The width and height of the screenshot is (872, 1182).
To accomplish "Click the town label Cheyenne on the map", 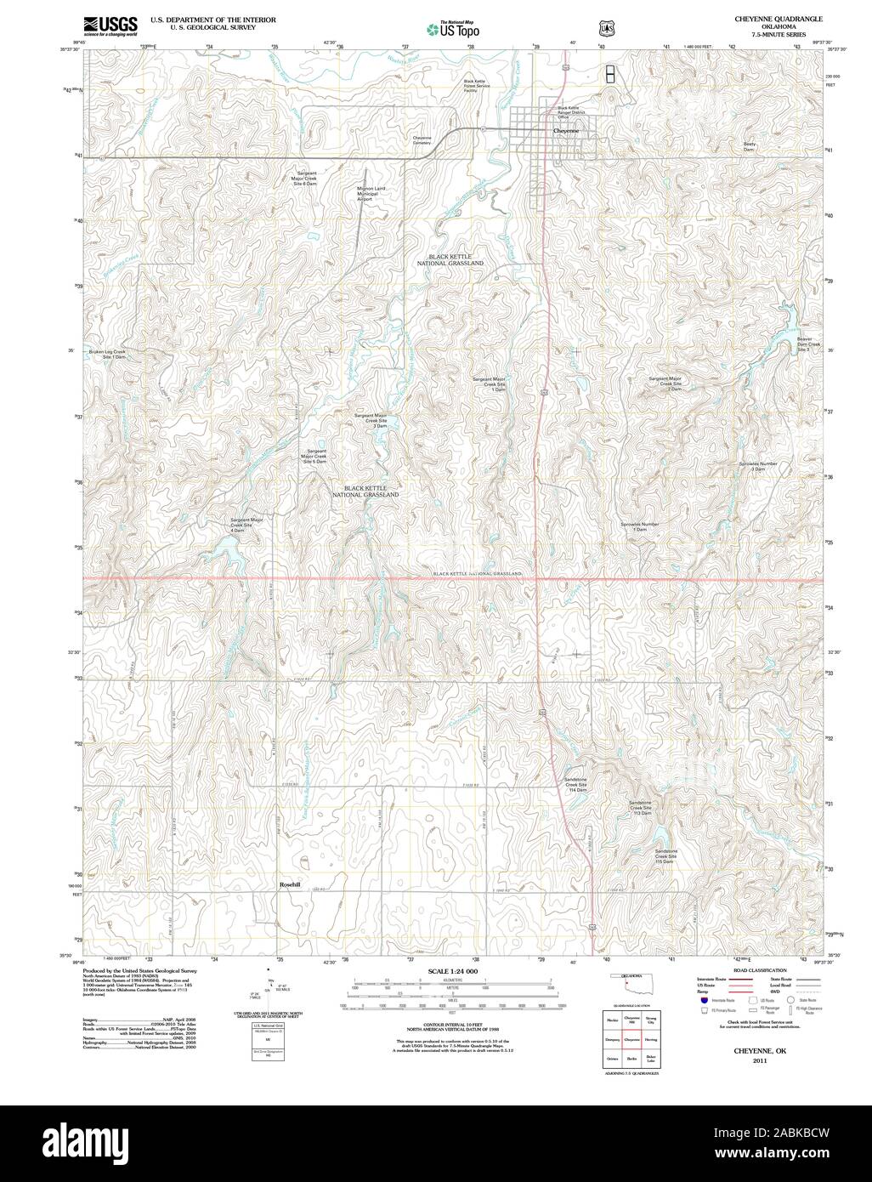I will coord(565,131).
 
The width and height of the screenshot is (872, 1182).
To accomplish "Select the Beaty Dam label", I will coord(749,146).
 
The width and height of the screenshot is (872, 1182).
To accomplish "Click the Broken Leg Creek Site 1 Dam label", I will coord(108,354).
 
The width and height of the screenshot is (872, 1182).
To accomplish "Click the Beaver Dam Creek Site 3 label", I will coord(808,344).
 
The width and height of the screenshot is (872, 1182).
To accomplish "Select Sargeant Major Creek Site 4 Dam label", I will coord(246,522).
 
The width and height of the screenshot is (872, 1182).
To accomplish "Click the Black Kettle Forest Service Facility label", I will coord(476,85).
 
